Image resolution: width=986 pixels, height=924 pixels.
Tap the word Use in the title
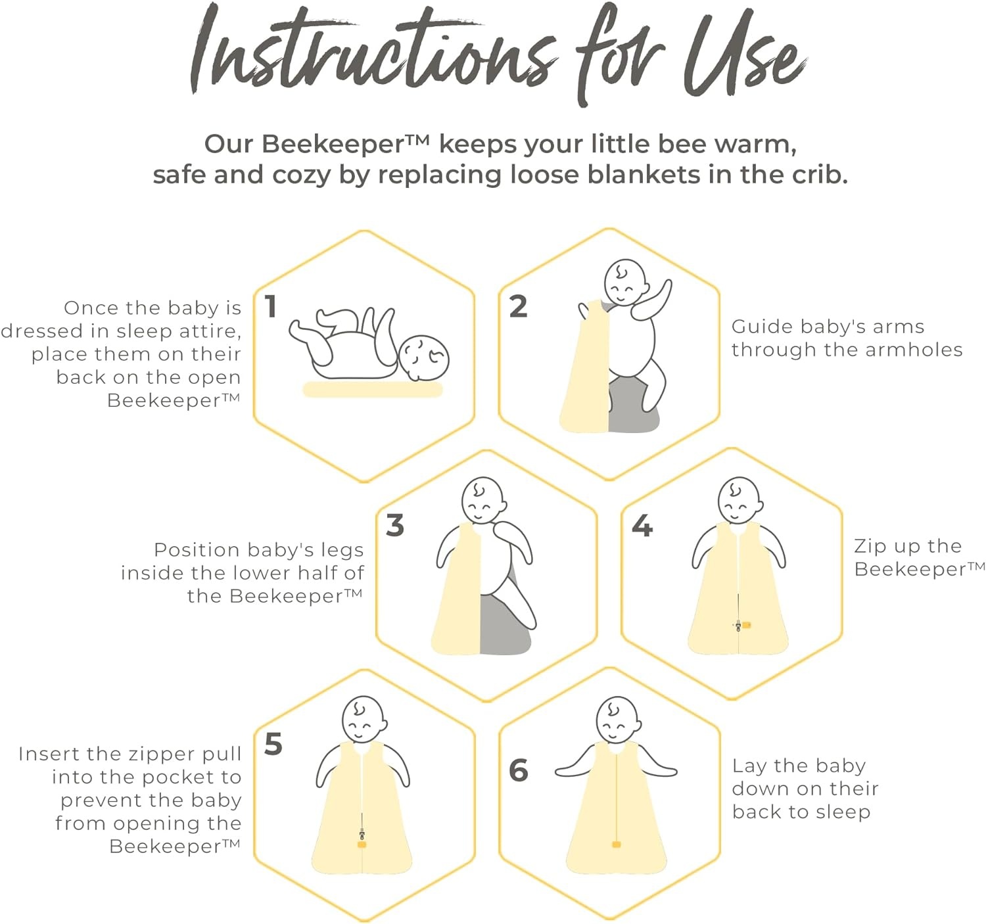[x=745, y=55]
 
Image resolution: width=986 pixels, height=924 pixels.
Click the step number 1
[x=271, y=306]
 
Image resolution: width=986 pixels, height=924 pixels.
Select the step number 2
[x=518, y=306]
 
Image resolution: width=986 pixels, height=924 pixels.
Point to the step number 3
[x=394, y=526]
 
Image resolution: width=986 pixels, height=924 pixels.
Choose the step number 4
[x=642, y=526]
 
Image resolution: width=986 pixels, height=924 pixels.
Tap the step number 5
[x=273, y=745]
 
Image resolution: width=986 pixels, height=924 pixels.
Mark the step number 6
[x=519, y=771]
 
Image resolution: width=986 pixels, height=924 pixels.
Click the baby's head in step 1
[x=423, y=358]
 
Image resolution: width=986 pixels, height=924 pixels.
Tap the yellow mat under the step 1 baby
[x=372, y=390]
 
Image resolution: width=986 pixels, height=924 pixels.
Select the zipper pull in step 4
[x=738, y=626]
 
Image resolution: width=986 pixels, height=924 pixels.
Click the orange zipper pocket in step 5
[x=362, y=844]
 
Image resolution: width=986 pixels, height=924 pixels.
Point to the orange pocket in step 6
[x=616, y=844]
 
